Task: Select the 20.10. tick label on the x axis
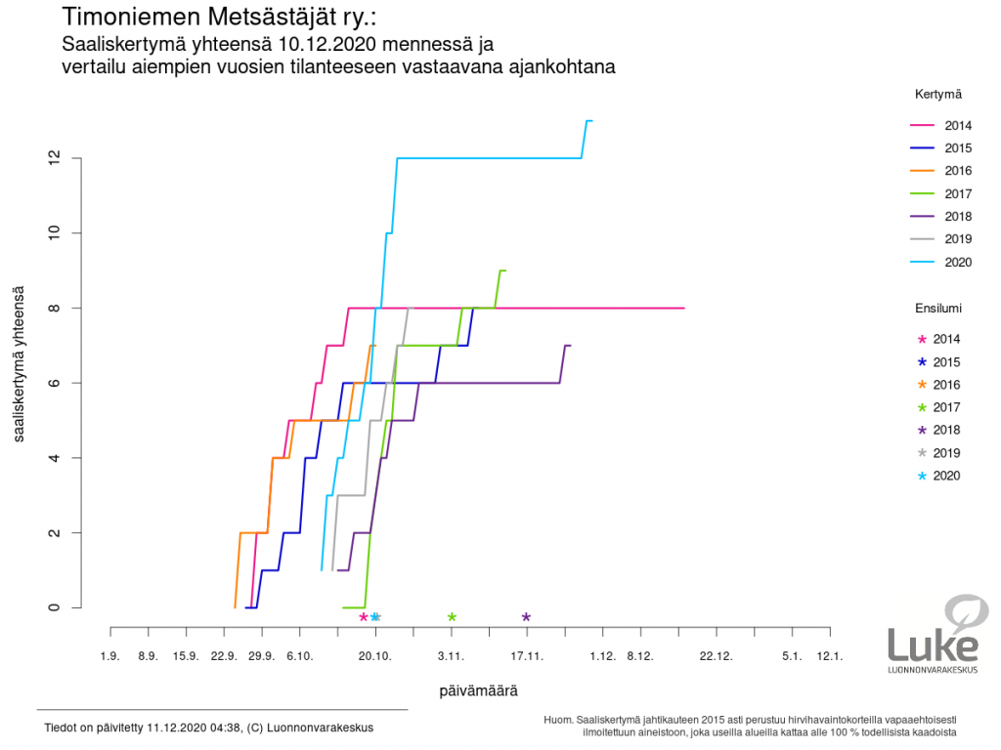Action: click(x=375, y=656)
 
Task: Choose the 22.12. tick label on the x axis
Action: click(x=717, y=656)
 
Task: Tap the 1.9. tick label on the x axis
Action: click(x=110, y=656)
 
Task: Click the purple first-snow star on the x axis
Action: click(x=526, y=617)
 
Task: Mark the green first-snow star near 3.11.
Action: click(x=452, y=617)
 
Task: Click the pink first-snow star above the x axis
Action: click(x=364, y=617)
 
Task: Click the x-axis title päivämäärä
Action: click(x=478, y=689)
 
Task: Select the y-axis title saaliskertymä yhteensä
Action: click(x=20, y=364)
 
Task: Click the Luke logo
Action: click(x=935, y=634)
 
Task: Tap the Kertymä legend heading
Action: click(x=938, y=94)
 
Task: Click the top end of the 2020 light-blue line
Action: click(x=589, y=120)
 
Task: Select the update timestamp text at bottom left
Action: click(x=208, y=728)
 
